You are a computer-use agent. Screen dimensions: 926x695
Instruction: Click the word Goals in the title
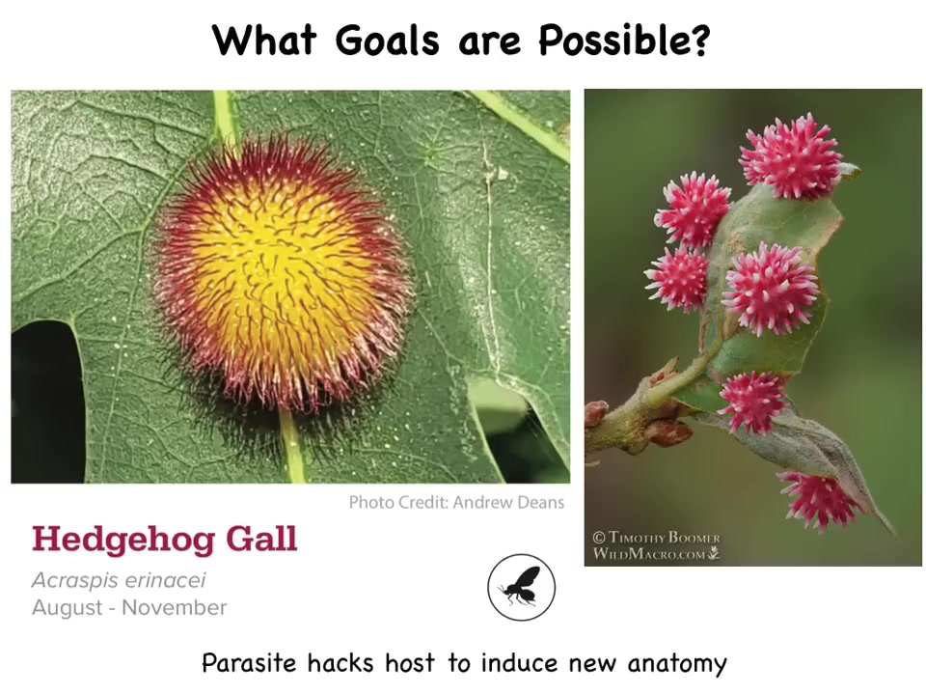click(388, 41)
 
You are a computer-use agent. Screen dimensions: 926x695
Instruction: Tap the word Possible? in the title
click(623, 41)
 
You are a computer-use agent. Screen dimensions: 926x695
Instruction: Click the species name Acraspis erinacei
click(119, 580)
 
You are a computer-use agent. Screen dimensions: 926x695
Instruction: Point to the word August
click(68, 607)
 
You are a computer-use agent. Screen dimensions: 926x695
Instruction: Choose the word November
click(175, 607)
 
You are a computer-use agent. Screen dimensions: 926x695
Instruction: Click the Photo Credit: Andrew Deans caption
click(456, 502)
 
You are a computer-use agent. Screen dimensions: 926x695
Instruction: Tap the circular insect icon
click(521, 588)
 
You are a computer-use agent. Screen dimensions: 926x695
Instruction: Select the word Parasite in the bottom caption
click(248, 662)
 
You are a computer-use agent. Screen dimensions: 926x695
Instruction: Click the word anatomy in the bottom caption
click(677, 664)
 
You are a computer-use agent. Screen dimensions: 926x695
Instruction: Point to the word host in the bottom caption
click(410, 662)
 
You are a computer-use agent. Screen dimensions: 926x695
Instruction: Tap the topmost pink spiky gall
click(790, 156)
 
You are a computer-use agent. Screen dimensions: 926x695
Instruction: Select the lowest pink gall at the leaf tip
click(819, 499)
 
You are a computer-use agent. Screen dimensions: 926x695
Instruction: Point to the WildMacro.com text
click(656, 554)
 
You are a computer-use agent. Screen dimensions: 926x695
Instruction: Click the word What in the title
click(264, 41)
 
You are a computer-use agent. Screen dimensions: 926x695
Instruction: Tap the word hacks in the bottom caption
click(340, 662)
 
